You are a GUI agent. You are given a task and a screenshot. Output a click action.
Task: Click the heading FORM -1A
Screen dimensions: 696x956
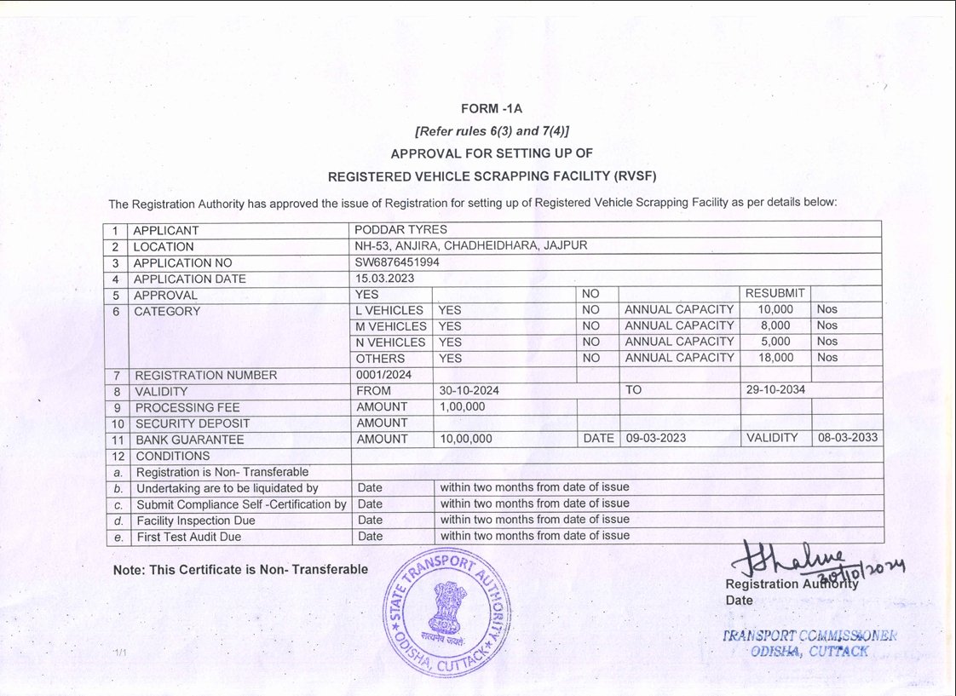pyautogui.click(x=491, y=109)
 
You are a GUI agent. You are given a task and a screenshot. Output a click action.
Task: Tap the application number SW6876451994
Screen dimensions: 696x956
pyautogui.click(x=397, y=262)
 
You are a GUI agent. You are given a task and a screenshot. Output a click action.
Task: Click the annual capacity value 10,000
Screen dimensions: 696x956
pyautogui.click(x=775, y=309)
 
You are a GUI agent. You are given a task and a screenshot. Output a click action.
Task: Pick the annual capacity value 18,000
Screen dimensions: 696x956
pyautogui.click(x=775, y=358)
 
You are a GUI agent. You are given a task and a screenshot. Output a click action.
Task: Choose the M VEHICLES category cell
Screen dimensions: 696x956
pyautogui.click(x=390, y=326)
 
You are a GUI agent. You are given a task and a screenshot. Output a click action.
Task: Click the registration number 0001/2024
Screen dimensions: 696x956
pyautogui.click(x=383, y=374)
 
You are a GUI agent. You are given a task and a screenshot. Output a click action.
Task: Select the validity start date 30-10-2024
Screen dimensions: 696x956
pyautogui.click(x=469, y=391)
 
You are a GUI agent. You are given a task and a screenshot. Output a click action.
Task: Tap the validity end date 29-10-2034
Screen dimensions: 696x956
pyautogui.click(x=775, y=390)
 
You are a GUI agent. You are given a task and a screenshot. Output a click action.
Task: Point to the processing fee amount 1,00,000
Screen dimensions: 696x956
pyautogui.click(x=463, y=407)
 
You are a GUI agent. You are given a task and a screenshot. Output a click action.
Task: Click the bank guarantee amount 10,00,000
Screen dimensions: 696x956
pyautogui.click(x=466, y=439)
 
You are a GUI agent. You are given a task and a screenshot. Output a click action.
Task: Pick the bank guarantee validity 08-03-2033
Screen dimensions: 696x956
pyautogui.click(x=847, y=438)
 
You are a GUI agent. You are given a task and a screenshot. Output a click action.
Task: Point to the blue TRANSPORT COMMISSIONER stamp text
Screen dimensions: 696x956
pyautogui.click(x=809, y=636)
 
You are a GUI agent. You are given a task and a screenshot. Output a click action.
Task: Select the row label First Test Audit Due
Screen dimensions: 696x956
pyautogui.click(x=188, y=537)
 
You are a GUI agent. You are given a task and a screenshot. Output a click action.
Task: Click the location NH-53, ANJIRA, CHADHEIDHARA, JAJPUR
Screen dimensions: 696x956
pyautogui.click(x=471, y=246)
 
